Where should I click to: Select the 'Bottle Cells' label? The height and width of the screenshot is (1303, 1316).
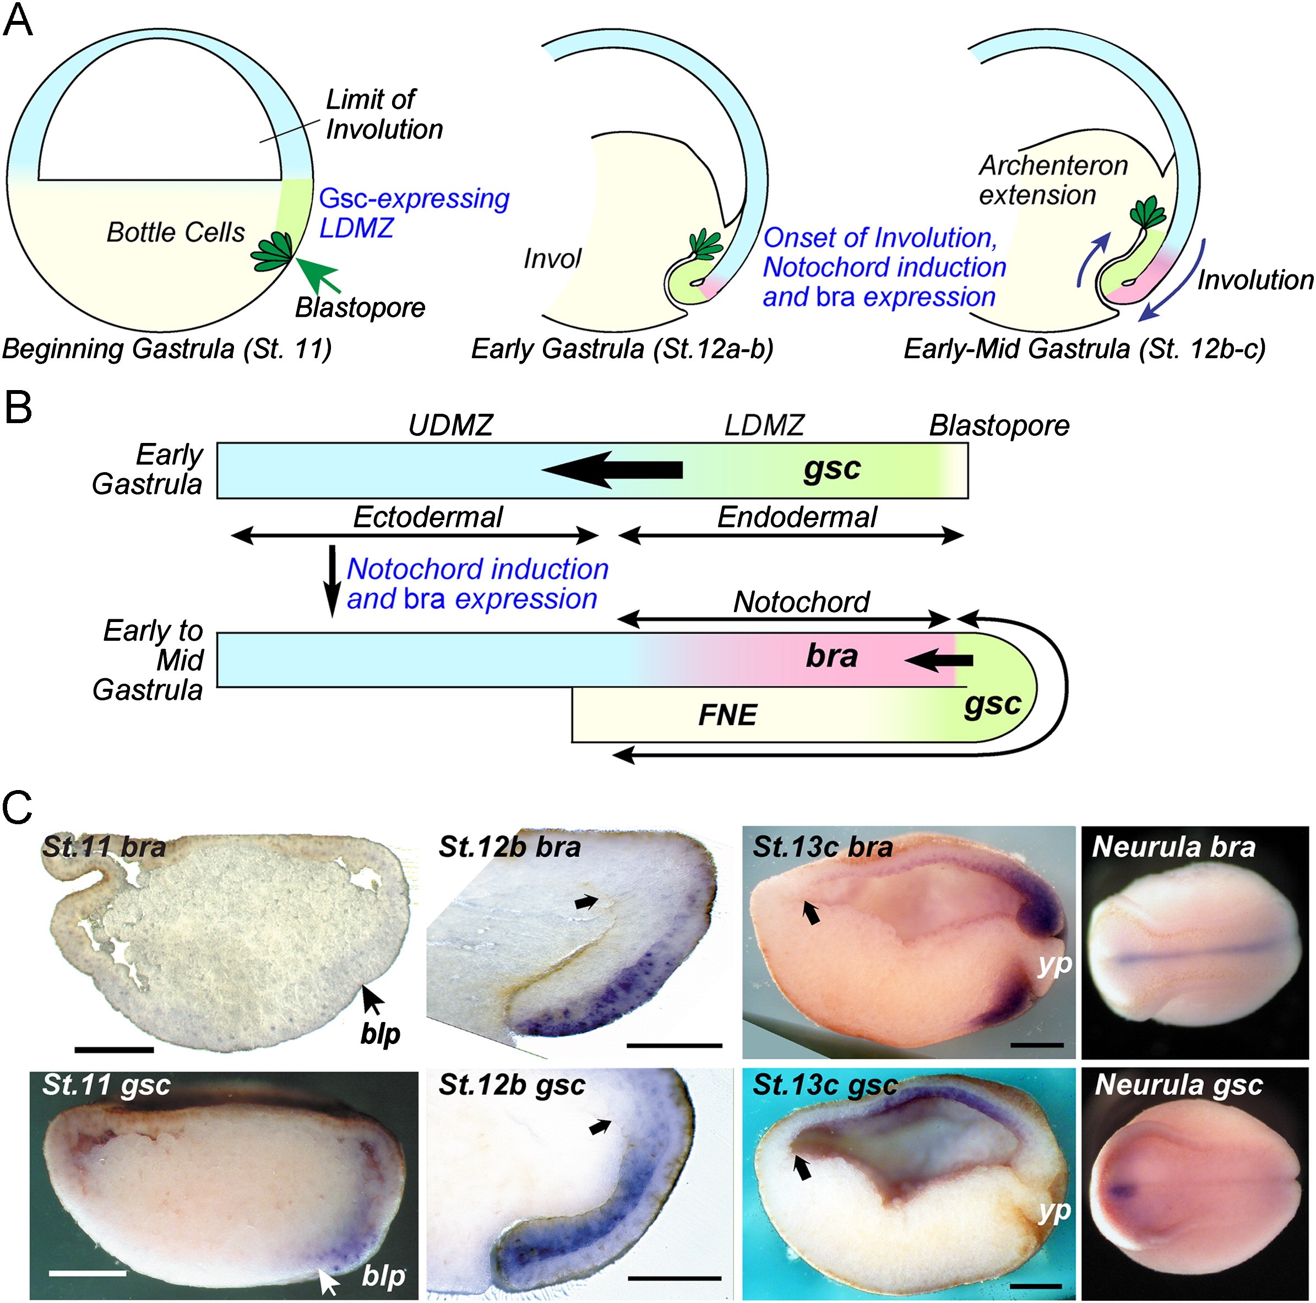[x=176, y=233]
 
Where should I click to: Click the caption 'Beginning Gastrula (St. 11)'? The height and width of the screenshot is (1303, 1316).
[x=167, y=349]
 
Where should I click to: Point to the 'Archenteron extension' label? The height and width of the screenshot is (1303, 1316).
[x=1052, y=181]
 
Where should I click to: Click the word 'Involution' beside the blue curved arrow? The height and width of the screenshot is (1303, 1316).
[x=1255, y=280]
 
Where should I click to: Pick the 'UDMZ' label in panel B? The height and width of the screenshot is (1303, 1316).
[x=450, y=425]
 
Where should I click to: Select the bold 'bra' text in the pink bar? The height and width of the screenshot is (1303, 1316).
[x=831, y=656]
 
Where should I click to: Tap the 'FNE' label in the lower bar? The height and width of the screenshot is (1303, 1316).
[x=727, y=715]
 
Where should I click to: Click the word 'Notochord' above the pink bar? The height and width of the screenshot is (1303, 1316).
[x=801, y=602]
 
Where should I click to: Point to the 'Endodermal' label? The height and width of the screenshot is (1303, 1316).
[x=797, y=517]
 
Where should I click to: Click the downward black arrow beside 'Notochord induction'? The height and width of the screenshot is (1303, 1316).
[x=333, y=579]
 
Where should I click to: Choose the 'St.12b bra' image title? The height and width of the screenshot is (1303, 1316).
[x=509, y=847]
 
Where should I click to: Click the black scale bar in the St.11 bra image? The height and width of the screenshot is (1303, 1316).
[x=114, y=1050]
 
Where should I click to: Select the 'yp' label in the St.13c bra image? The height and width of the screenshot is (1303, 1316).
[x=1054, y=964]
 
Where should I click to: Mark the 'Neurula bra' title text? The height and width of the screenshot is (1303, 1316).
[x=1173, y=847]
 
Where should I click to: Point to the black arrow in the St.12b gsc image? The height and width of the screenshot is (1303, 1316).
[x=600, y=1127]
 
